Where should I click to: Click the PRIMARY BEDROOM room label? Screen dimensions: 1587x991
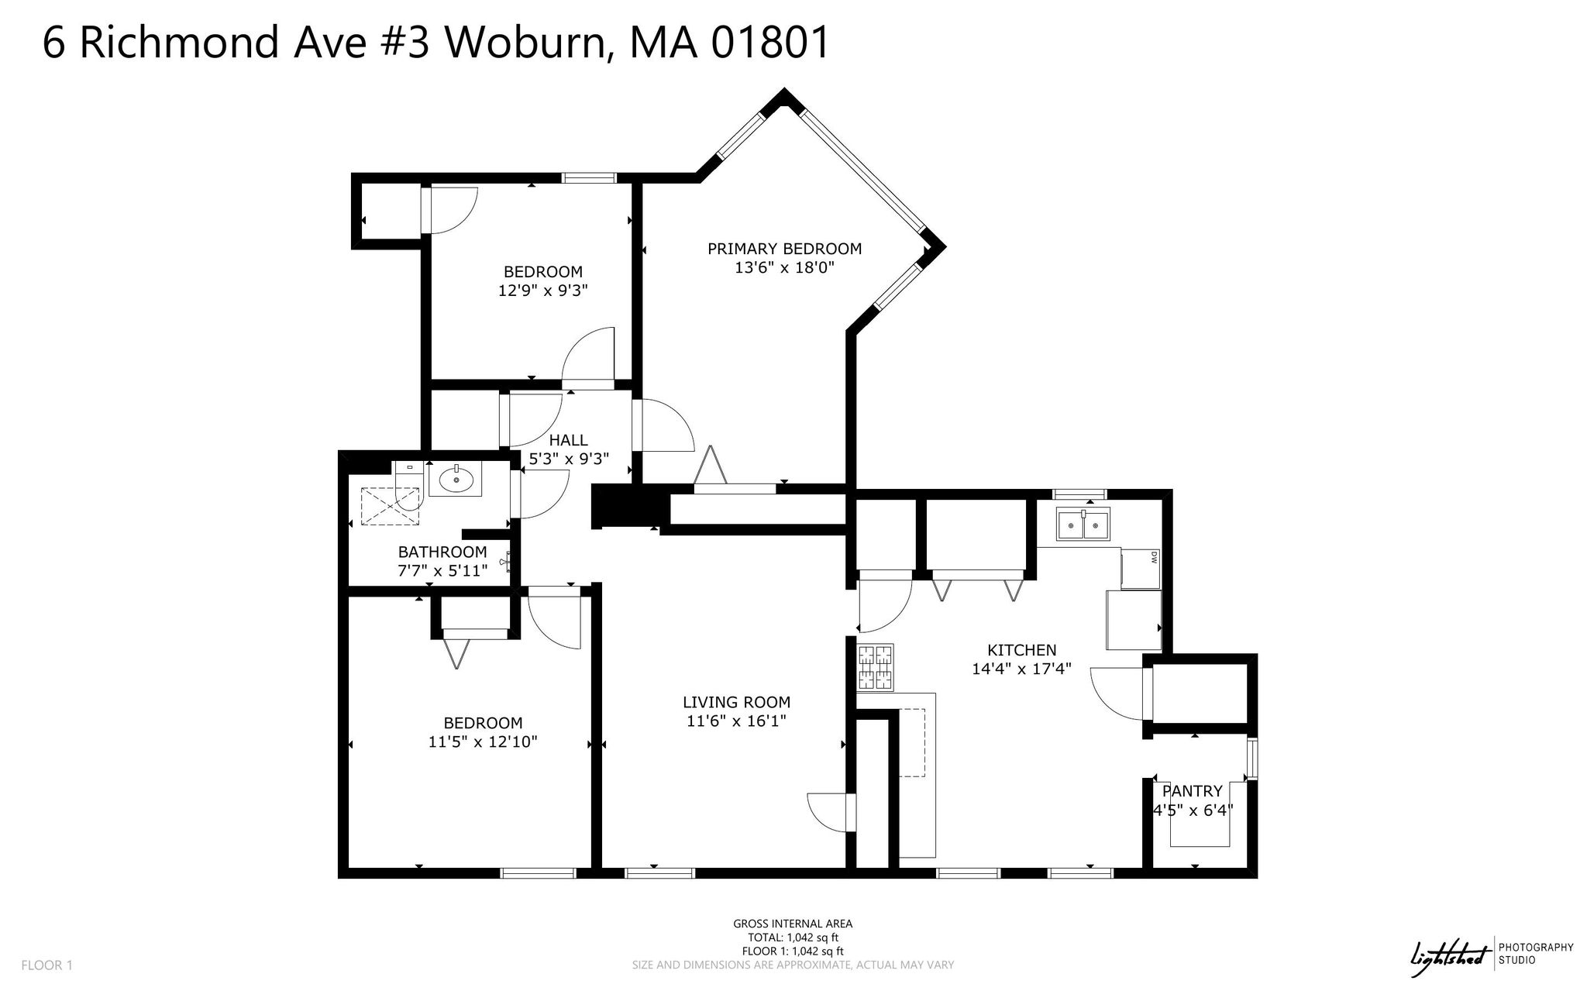click(784, 249)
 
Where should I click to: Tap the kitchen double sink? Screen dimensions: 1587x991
click(1084, 525)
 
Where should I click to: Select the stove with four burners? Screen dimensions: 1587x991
click(876, 668)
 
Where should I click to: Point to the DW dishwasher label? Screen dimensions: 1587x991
click(1154, 556)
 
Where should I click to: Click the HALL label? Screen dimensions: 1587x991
click(568, 440)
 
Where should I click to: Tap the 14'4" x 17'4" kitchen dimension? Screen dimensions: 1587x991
click(1021, 668)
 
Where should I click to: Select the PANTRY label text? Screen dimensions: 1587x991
click(1192, 791)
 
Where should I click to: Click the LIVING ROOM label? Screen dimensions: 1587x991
click(736, 702)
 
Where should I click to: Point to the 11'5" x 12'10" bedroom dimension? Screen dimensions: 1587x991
click(483, 742)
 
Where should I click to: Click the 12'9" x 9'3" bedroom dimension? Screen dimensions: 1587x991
click(542, 291)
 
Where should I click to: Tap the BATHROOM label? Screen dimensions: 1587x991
click(442, 552)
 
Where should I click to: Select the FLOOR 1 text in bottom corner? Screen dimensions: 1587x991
click(46, 965)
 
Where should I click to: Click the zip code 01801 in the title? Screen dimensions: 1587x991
click(770, 42)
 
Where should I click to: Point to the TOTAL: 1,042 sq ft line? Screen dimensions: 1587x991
click(793, 938)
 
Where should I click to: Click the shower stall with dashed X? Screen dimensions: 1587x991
click(392, 507)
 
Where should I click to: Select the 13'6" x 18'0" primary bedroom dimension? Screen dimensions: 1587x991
click(784, 268)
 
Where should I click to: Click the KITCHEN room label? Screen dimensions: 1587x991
click(1021, 650)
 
